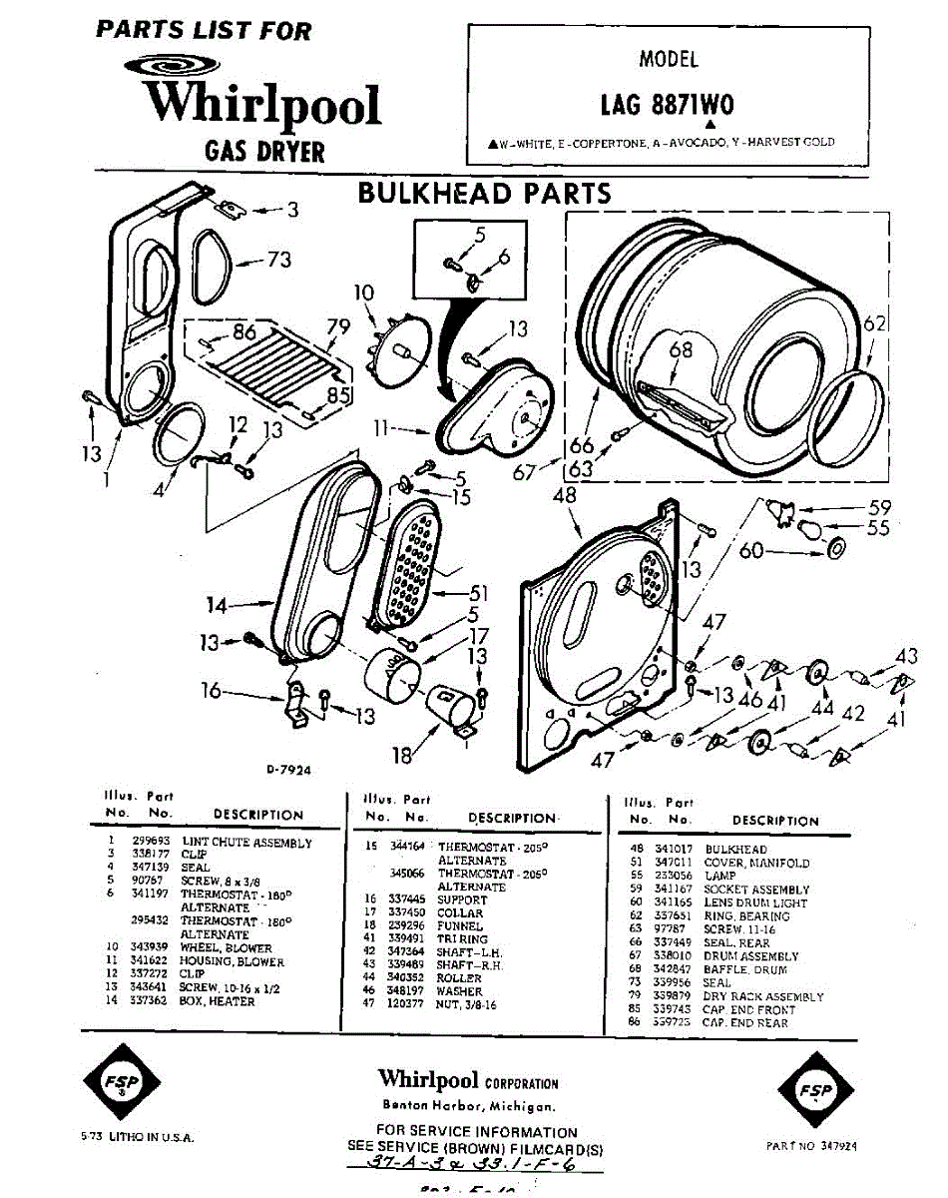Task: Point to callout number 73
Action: click(278, 260)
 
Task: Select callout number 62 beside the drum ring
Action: click(874, 323)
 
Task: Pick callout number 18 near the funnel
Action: click(401, 756)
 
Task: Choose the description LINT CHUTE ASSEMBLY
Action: click(246, 843)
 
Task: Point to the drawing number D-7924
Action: click(289, 770)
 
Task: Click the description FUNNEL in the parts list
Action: click(460, 925)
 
